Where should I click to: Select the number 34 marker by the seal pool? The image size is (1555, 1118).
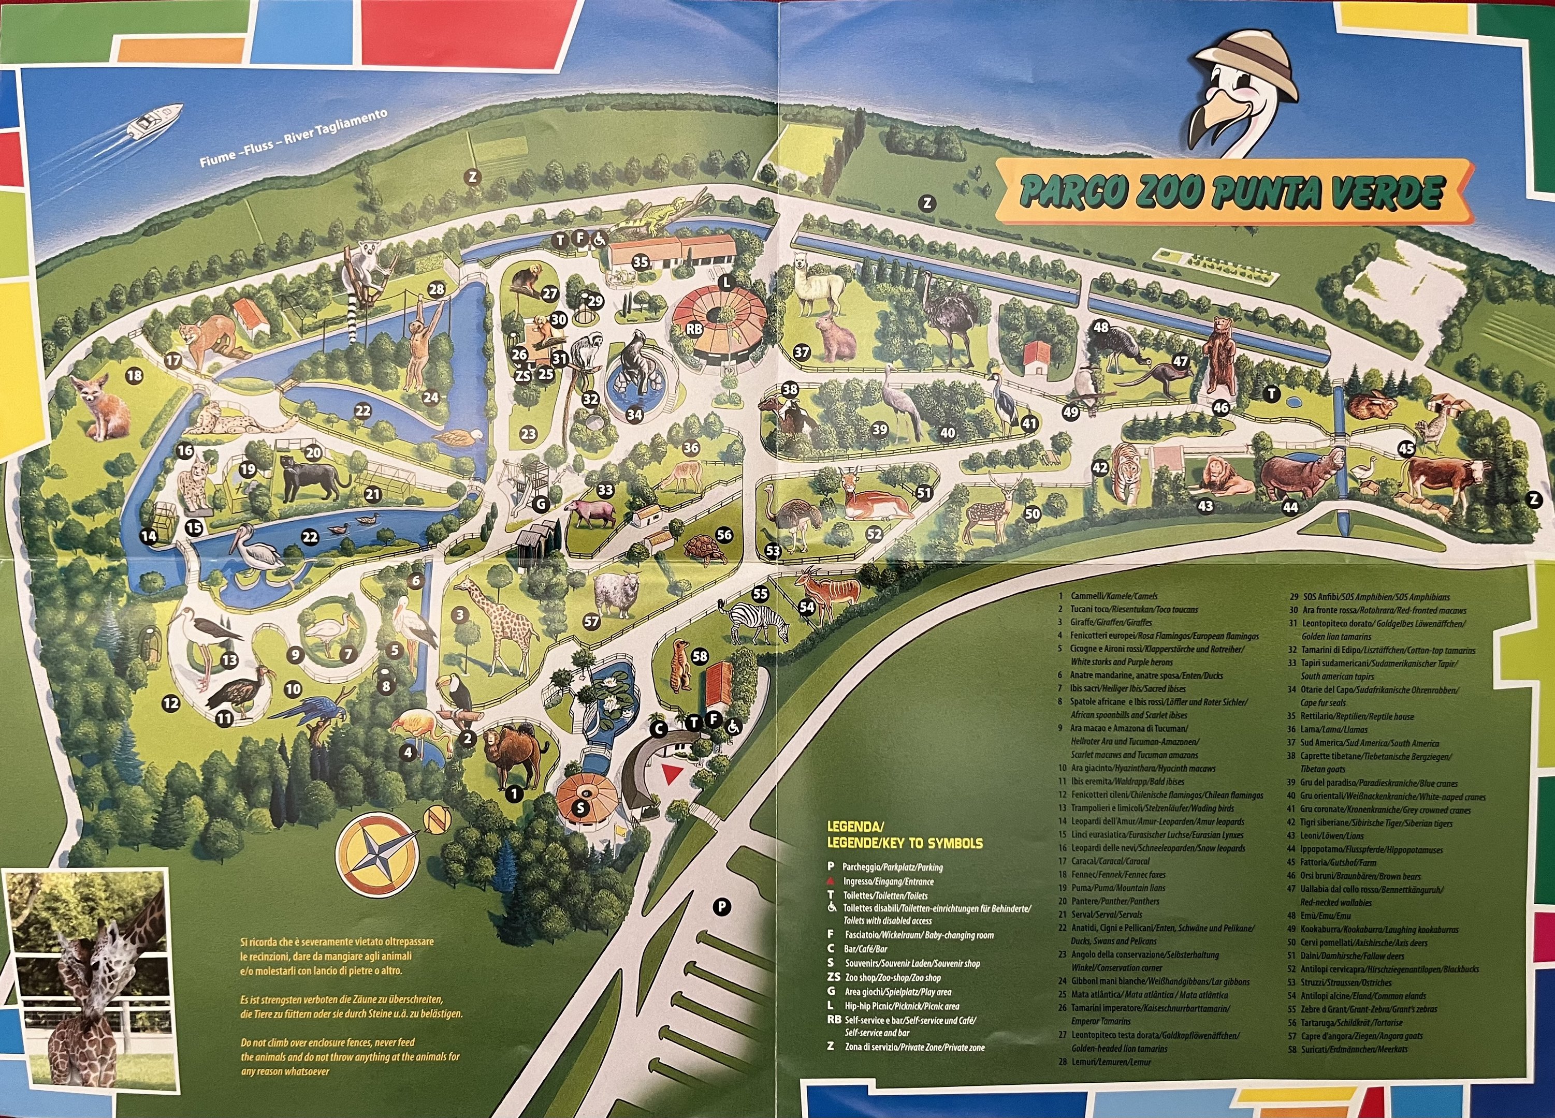coord(634,414)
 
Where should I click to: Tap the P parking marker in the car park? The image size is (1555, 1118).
coord(721,907)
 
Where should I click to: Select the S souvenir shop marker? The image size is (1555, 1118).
coord(580,807)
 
